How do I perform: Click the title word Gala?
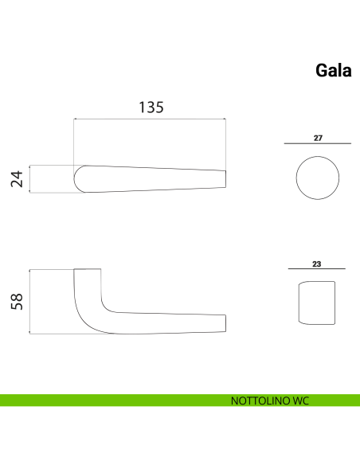tap(333, 71)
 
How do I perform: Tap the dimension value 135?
tap(151, 107)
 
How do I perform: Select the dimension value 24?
tap(17, 179)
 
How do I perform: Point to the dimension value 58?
tap(17, 302)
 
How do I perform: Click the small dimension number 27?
tap(318, 138)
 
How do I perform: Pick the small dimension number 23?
tap(317, 264)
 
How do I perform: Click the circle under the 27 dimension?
tap(318, 156)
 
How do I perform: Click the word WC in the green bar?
tap(301, 401)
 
